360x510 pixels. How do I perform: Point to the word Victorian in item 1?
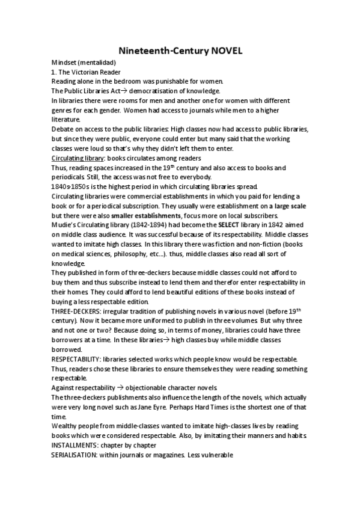[x=86, y=72]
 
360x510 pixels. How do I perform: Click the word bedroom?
[x=128, y=81]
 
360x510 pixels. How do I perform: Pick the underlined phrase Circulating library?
[x=76, y=158]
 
